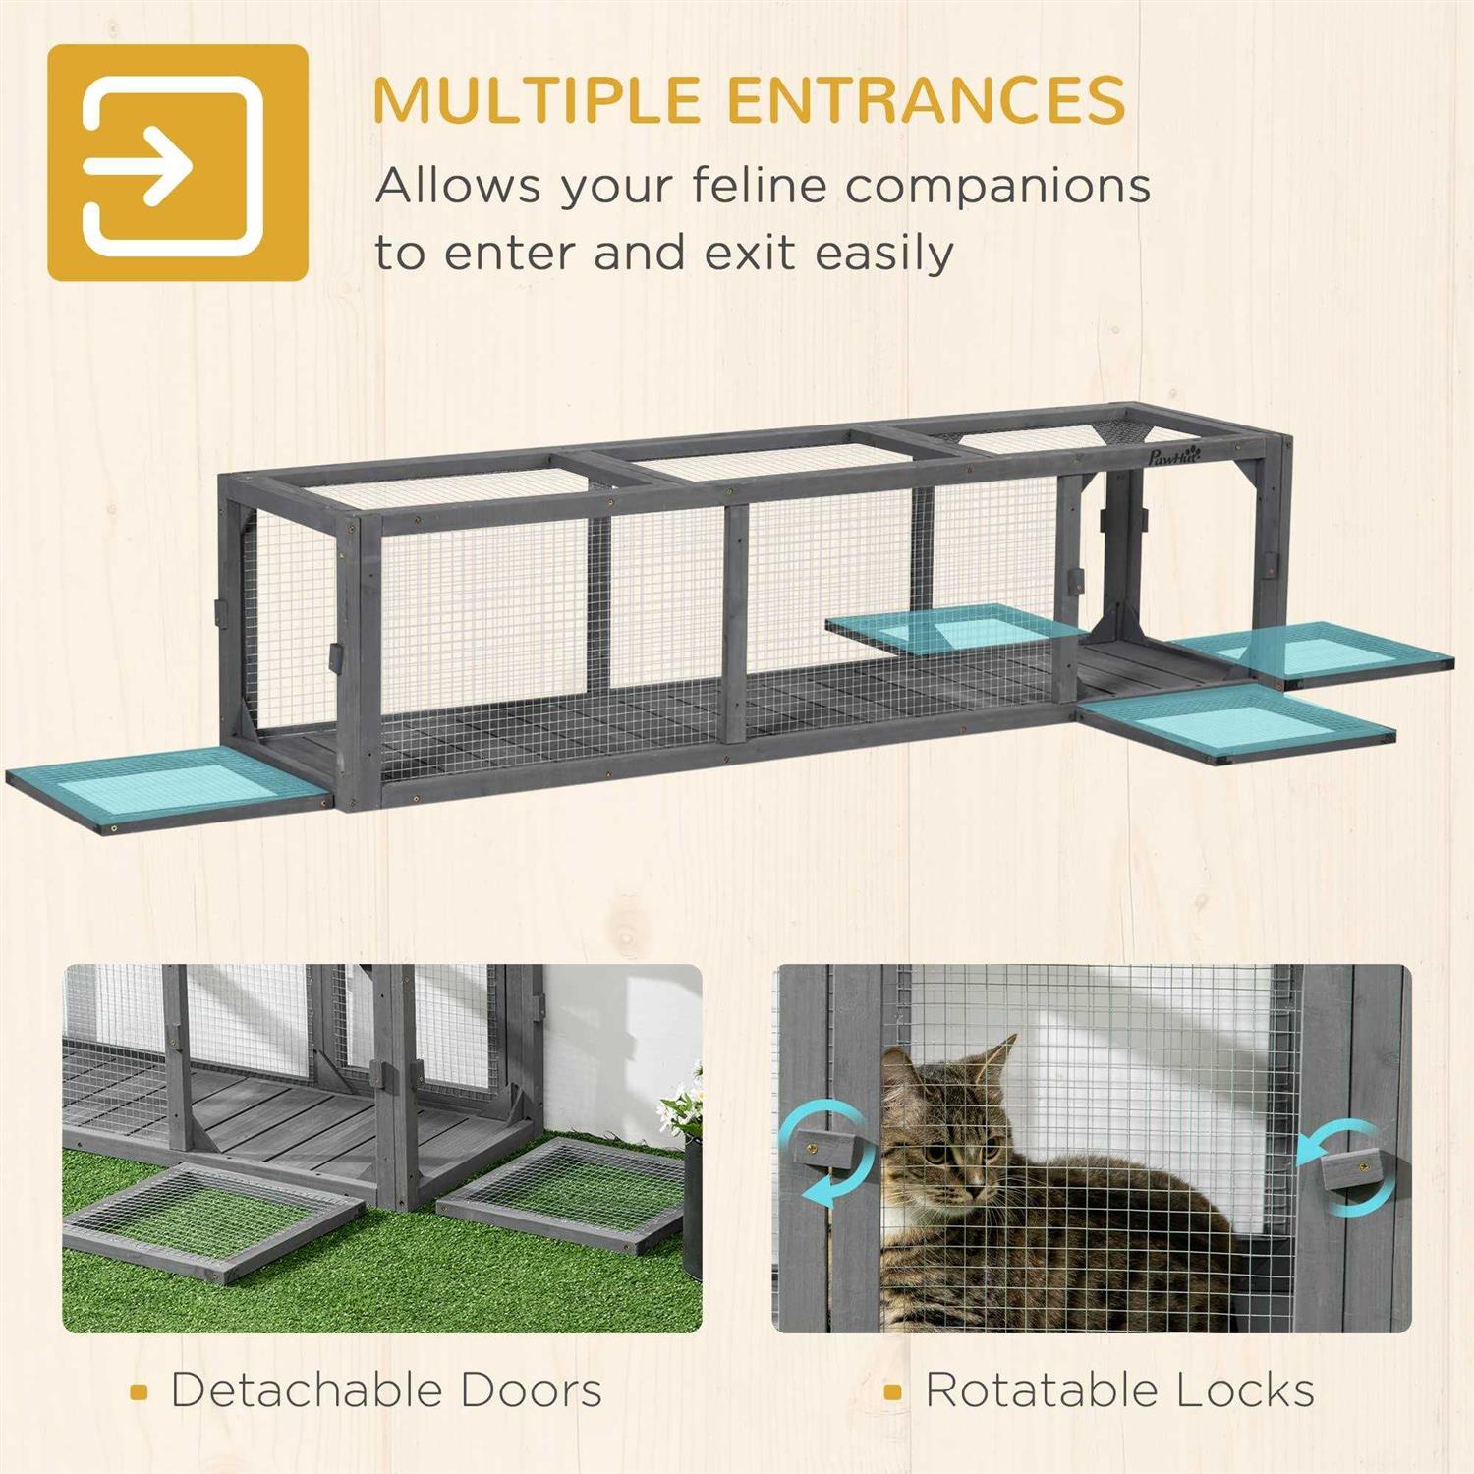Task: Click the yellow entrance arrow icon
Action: point(177,163)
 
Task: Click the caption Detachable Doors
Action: point(386,1390)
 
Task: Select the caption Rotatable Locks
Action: point(1119,1390)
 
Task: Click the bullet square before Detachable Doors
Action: point(139,1392)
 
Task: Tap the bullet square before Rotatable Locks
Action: point(892,1392)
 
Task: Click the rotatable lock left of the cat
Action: point(822,1146)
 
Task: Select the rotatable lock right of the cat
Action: point(1350,1171)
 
